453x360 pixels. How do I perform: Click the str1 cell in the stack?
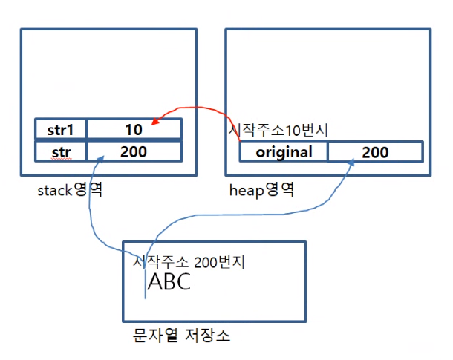coord(61,129)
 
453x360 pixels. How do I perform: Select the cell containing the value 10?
coord(134,129)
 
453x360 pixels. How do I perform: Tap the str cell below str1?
coord(61,151)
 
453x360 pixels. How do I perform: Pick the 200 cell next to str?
coord(134,151)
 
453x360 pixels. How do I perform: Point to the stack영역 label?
coord(69,190)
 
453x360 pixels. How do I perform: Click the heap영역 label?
coord(261,190)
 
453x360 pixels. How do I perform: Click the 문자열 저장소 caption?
coord(177,336)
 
